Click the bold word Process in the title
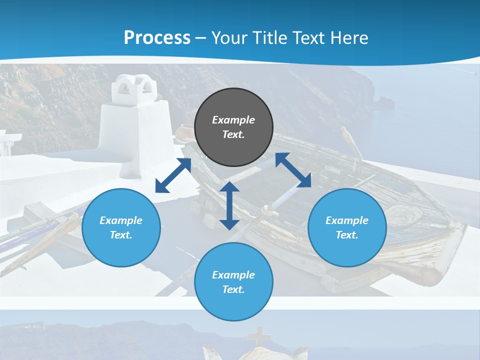(x=157, y=37)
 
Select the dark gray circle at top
(x=233, y=127)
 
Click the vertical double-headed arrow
(x=229, y=205)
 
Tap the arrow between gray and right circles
(x=293, y=170)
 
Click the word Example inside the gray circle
(x=233, y=120)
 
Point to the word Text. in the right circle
(x=346, y=235)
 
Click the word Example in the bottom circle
(x=233, y=275)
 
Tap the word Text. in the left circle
(x=121, y=235)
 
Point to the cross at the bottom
(x=258, y=336)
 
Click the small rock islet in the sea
(x=385, y=102)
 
